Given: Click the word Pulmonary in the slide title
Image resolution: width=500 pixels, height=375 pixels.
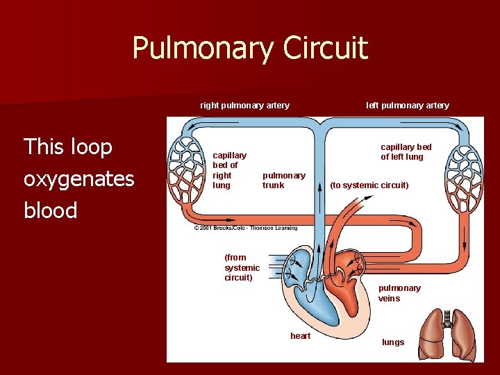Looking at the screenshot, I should (x=202, y=49).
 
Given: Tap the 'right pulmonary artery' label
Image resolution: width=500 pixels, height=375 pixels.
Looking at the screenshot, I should (x=244, y=106).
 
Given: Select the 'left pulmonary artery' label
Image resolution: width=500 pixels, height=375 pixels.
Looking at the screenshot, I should (x=408, y=106).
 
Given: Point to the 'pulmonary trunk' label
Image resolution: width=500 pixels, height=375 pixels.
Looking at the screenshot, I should (x=283, y=181).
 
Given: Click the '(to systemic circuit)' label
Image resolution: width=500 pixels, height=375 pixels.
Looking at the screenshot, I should (x=369, y=185).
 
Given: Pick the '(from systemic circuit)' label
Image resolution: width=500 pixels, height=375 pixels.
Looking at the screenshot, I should (x=242, y=267).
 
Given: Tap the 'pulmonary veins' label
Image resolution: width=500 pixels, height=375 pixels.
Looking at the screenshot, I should (x=399, y=293).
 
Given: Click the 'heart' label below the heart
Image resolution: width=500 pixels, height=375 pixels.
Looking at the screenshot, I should (x=301, y=336).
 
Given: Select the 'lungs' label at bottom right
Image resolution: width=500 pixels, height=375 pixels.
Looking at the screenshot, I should (x=393, y=342).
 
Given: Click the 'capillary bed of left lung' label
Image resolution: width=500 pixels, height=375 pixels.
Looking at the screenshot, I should (x=406, y=152).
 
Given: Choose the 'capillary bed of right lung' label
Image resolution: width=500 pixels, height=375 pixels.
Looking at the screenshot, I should (x=229, y=170).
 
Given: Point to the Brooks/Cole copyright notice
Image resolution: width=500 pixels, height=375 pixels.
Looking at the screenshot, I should (x=246, y=228).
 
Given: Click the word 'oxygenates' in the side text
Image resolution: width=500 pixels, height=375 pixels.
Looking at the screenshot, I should (x=78, y=179).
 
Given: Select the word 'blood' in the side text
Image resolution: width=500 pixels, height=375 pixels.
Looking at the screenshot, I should (x=50, y=210).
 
